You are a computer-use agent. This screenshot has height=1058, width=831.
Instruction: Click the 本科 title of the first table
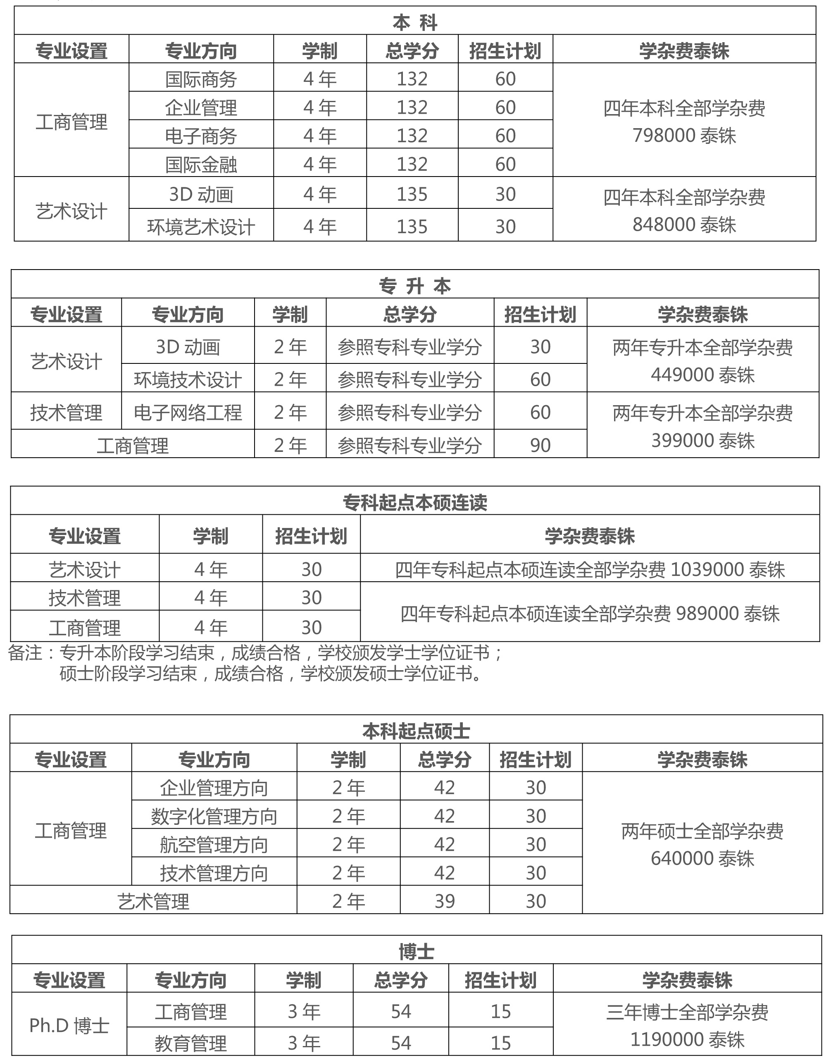coord(414,22)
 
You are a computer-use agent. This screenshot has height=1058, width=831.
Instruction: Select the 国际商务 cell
coord(201,79)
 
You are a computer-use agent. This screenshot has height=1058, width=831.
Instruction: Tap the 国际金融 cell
coord(201,165)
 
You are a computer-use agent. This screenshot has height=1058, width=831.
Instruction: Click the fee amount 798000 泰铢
coord(683,136)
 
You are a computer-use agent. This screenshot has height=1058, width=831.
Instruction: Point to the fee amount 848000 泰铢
coord(683,224)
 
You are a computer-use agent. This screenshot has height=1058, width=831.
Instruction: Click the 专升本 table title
coord(414,286)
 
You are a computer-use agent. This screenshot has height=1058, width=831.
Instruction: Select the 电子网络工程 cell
coord(188,413)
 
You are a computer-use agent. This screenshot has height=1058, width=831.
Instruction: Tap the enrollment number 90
coord(540,445)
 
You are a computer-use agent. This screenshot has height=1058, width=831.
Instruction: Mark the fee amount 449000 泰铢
coord(702,375)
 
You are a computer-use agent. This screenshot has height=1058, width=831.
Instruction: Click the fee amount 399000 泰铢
coord(702,440)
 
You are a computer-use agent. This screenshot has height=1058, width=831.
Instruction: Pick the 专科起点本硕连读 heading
coord(414,502)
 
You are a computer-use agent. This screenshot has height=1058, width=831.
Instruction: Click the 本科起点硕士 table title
coord(416,731)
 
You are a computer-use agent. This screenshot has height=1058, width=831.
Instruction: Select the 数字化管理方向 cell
coord(214,816)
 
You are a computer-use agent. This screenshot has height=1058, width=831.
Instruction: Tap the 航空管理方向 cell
coord(214,844)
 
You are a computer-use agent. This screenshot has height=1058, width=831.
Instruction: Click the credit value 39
coord(444,901)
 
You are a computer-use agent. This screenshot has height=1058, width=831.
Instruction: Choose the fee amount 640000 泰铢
coord(702,858)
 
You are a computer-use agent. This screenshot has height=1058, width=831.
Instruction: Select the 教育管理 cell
coord(191,1043)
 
